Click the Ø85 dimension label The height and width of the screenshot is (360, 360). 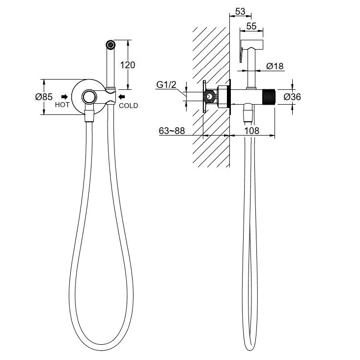[x=44, y=97]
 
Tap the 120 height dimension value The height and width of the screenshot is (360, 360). [x=127, y=65]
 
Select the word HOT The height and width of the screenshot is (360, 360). [x=62, y=105]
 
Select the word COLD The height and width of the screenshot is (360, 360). [x=128, y=105]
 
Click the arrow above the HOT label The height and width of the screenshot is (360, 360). [x=64, y=97]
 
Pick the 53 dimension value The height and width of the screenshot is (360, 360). [x=240, y=11]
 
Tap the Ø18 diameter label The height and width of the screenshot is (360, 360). [x=275, y=66]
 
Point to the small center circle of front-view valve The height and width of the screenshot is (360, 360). [x=89, y=97]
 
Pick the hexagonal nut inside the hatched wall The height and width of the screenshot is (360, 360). [x=210, y=97]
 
